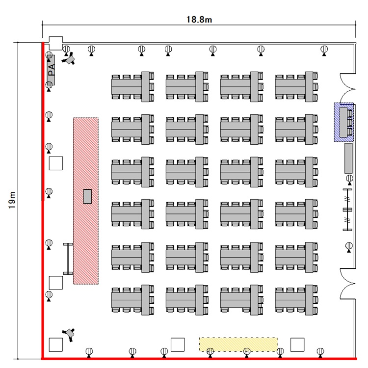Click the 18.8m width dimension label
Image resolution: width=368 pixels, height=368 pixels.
click(x=199, y=20)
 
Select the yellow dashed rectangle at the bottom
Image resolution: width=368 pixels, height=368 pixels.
click(x=238, y=344)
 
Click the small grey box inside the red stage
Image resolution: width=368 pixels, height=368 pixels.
click(x=87, y=196)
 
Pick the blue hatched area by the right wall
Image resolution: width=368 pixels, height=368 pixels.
click(x=344, y=122)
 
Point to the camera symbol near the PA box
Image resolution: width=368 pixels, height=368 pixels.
click(x=70, y=58)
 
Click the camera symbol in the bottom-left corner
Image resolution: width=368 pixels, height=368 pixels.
click(x=71, y=333)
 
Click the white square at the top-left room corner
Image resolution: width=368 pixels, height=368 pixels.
click(x=55, y=43)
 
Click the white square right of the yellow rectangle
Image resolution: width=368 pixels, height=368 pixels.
click(x=297, y=345)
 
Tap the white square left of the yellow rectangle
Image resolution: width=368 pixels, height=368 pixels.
click(x=177, y=345)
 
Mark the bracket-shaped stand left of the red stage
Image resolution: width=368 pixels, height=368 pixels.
click(x=67, y=258)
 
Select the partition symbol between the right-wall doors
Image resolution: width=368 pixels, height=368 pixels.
click(x=348, y=209)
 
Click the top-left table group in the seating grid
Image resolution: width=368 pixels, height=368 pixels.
click(x=133, y=85)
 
